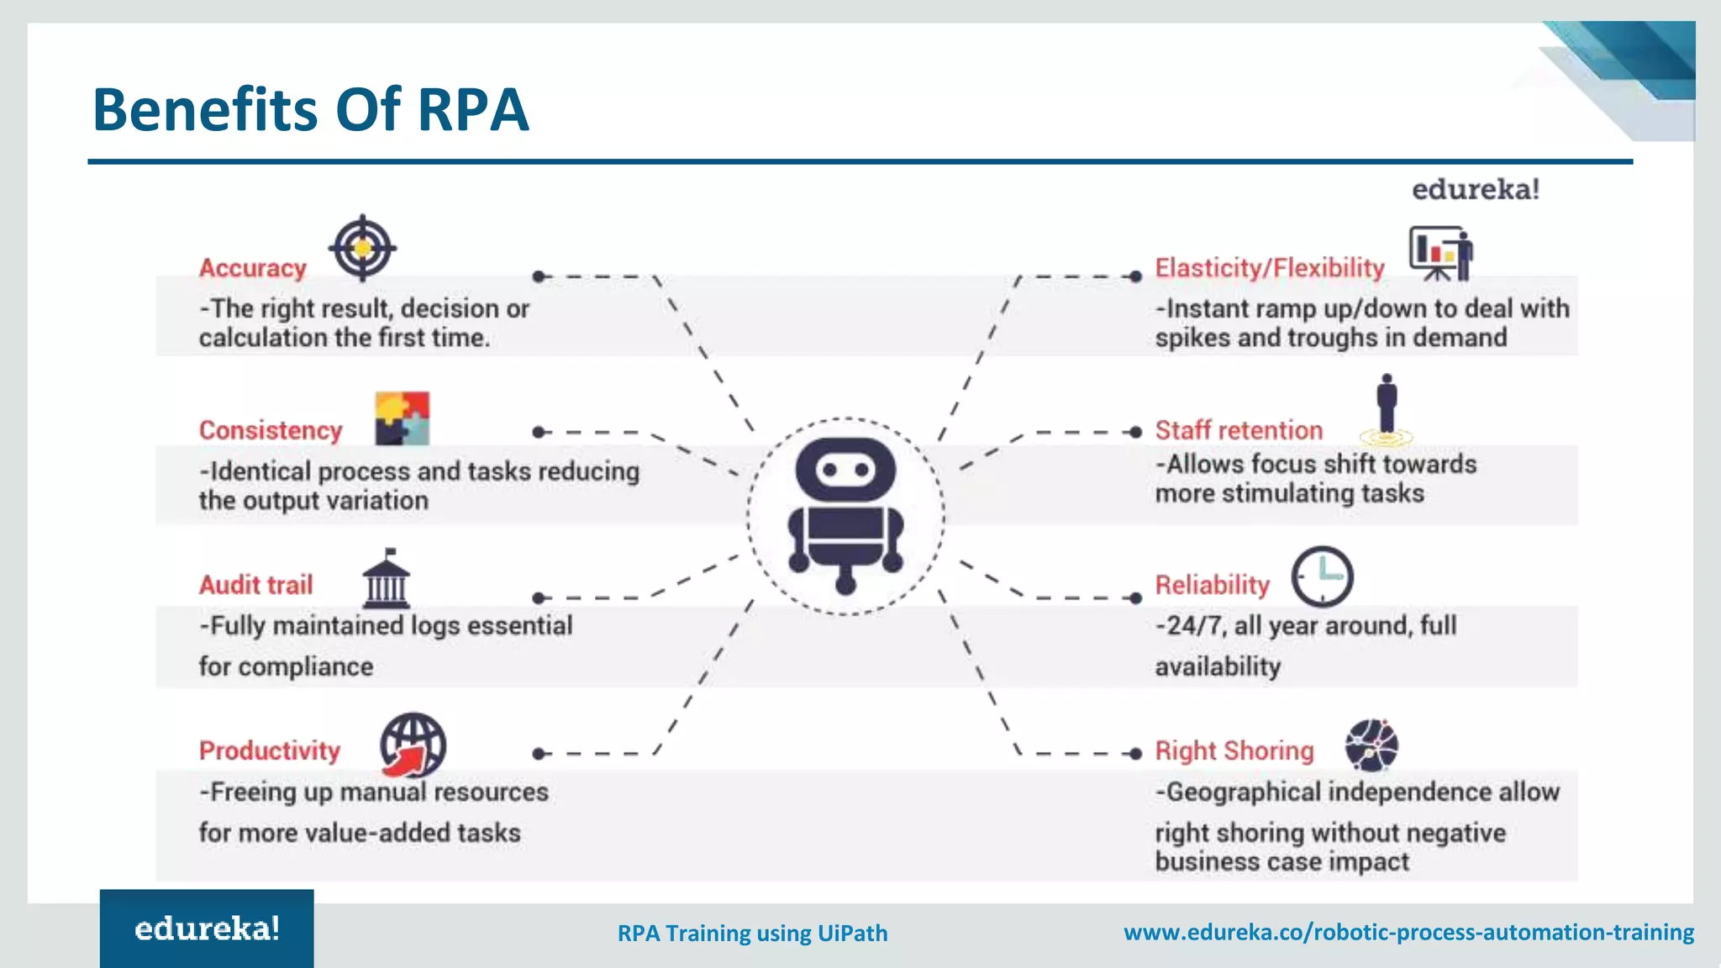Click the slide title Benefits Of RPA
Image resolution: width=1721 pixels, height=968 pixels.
(310, 110)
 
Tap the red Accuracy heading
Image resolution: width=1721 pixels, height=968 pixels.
(253, 268)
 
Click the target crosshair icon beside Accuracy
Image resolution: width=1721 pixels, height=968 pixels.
(362, 248)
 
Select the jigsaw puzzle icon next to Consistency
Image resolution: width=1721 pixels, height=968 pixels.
(402, 418)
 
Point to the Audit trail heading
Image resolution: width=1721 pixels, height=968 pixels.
(255, 585)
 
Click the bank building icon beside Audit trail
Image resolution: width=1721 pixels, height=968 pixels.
(387, 579)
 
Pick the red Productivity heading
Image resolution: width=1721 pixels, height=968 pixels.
(270, 750)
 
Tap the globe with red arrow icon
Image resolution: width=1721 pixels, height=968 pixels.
(413, 745)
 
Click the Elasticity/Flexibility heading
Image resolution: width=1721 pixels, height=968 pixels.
(1269, 268)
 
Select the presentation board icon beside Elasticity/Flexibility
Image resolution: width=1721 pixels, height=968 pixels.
(1440, 253)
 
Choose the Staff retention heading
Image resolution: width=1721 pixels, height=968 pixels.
(1239, 430)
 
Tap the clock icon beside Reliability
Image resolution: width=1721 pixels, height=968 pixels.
(1322, 577)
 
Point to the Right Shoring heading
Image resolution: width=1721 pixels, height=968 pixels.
(1234, 750)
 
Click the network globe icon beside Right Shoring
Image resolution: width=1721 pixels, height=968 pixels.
(1371, 745)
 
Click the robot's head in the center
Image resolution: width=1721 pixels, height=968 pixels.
(845, 469)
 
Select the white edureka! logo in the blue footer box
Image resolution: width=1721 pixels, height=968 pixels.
(207, 929)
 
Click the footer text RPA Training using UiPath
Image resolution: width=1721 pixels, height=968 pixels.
(752, 934)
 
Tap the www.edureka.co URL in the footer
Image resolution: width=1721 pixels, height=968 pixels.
(1408, 932)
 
